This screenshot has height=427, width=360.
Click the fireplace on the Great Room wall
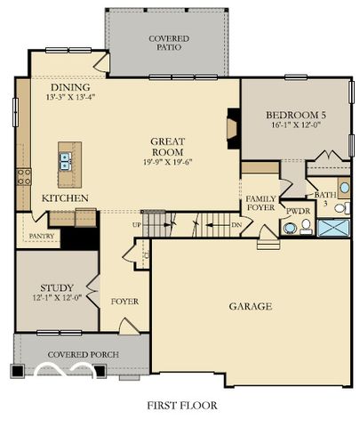232,127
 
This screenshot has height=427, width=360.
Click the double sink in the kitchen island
66,161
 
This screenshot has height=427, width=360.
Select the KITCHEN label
64,197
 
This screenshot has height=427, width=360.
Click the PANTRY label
42,237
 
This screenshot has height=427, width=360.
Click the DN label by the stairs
236,226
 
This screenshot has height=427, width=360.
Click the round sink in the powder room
289,228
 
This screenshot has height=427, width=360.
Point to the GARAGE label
251,306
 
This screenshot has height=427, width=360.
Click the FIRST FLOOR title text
181,405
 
